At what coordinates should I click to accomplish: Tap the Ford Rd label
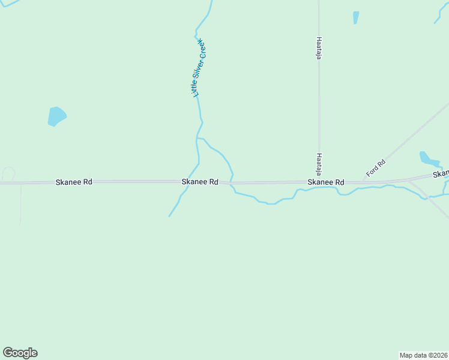375,167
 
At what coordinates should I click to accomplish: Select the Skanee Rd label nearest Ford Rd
326,182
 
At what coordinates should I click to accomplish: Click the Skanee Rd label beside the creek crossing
200,181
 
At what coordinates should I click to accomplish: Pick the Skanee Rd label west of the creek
74,181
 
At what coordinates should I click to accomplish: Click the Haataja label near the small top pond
319,47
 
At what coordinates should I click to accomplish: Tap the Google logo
20,353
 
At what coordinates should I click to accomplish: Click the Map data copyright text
423,355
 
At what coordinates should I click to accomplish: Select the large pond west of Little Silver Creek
56,116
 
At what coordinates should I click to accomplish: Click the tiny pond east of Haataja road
356,17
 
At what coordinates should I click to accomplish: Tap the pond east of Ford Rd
429,158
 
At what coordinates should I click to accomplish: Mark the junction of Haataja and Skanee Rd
319,182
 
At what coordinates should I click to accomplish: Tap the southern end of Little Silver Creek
170,215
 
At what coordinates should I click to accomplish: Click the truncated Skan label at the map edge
441,174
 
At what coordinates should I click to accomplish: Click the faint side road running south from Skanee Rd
20,204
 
